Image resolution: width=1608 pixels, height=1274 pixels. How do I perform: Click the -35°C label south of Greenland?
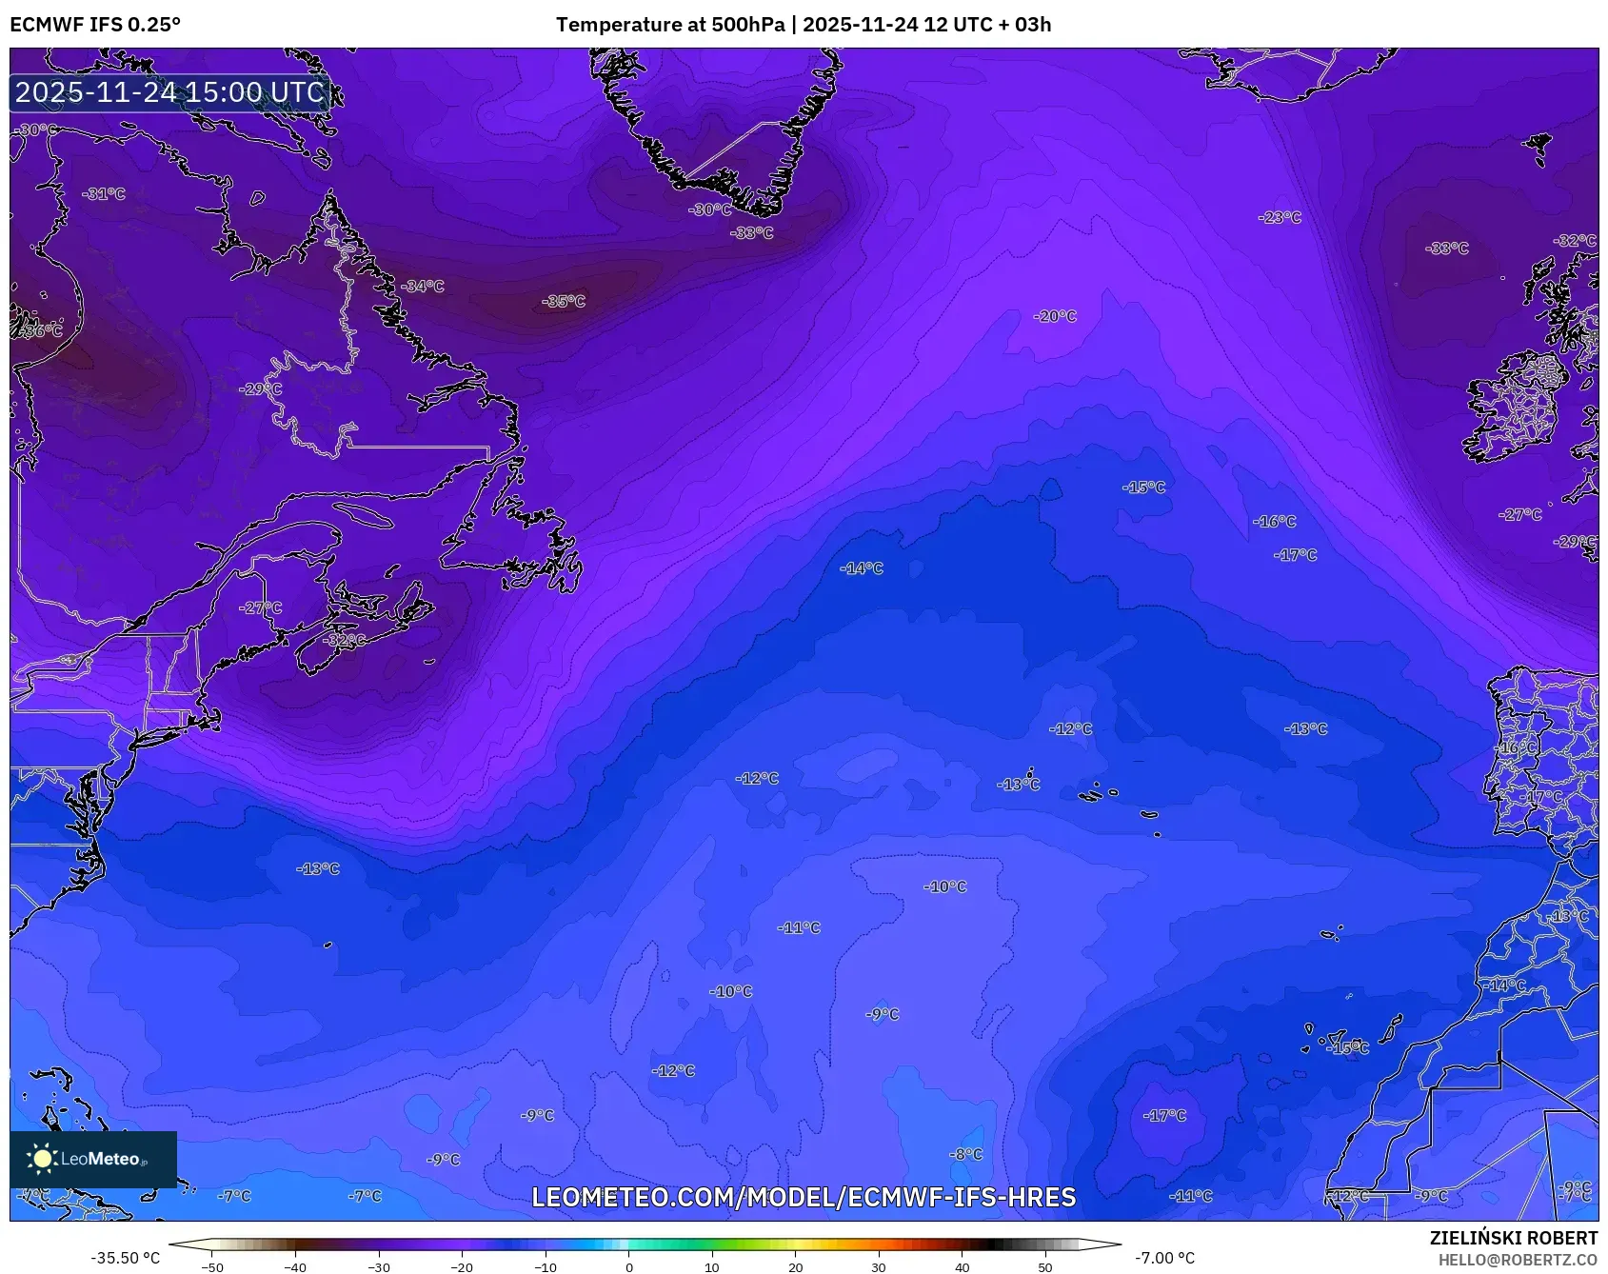pos(564,302)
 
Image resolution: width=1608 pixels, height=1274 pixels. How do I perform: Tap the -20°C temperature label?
pos(1056,316)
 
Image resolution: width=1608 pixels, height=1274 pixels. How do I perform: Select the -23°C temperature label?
pos(1280,217)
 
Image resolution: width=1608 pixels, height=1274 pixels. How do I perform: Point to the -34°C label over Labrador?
pos(423,286)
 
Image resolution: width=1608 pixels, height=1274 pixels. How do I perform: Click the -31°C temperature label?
pos(104,193)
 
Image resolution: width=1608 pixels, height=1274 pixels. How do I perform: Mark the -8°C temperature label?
pos(966,1154)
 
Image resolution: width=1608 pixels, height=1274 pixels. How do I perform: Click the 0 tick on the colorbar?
pos(628,1266)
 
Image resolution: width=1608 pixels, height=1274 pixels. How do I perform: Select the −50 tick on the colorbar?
pos(213,1266)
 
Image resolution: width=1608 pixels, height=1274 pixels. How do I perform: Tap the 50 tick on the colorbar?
pos(1045,1266)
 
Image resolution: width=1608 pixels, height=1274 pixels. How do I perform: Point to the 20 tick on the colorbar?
pos(795,1266)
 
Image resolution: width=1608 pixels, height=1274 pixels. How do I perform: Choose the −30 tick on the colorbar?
pos(379,1266)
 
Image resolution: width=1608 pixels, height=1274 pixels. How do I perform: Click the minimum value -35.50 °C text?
pos(125,1258)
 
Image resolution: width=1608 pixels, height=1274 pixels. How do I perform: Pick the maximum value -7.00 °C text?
pos(1164,1258)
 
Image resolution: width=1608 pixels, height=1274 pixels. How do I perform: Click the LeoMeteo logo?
pos(92,1159)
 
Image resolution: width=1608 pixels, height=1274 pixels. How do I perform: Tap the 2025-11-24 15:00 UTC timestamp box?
pos(169,92)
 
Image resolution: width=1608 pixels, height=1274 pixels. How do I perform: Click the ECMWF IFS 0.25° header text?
pos(95,25)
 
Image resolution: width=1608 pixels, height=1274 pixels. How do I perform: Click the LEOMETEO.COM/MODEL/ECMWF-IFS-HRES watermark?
pos(804,1197)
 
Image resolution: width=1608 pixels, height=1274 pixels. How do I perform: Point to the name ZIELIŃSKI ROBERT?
pos(1513,1238)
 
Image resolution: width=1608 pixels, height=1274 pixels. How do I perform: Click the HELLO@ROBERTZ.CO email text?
pos(1518,1260)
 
